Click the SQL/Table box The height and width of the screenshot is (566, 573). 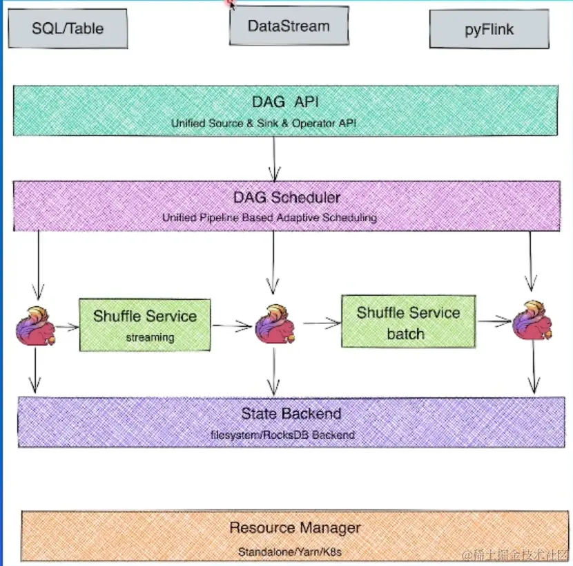click(x=68, y=28)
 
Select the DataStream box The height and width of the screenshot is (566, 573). click(x=289, y=26)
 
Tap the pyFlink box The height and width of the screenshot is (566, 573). click(x=489, y=29)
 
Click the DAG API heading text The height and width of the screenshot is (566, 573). click(x=285, y=102)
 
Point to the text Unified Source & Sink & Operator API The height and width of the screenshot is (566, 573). click(x=264, y=123)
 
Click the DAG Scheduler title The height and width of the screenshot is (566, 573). click(x=287, y=198)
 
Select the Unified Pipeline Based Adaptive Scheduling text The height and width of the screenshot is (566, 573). click(x=269, y=218)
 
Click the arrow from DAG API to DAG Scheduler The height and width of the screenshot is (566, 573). click(x=274, y=158)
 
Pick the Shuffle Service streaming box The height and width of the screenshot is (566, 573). click(x=145, y=325)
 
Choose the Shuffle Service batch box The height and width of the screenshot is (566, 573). click(x=409, y=321)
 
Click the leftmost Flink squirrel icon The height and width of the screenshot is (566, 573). click(x=35, y=326)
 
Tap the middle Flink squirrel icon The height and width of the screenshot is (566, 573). click(x=275, y=324)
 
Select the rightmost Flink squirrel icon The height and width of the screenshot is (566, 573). click(x=532, y=320)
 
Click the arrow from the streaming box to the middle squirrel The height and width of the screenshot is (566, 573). click(x=233, y=326)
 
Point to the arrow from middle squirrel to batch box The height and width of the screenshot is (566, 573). click(x=322, y=323)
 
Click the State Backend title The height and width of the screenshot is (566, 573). click(x=291, y=414)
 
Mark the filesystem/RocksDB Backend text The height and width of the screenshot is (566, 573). click(x=282, y=435)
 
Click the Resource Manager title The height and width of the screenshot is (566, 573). click(x=295, y=527)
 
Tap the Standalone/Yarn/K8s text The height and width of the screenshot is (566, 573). click(x=290, y=551)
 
